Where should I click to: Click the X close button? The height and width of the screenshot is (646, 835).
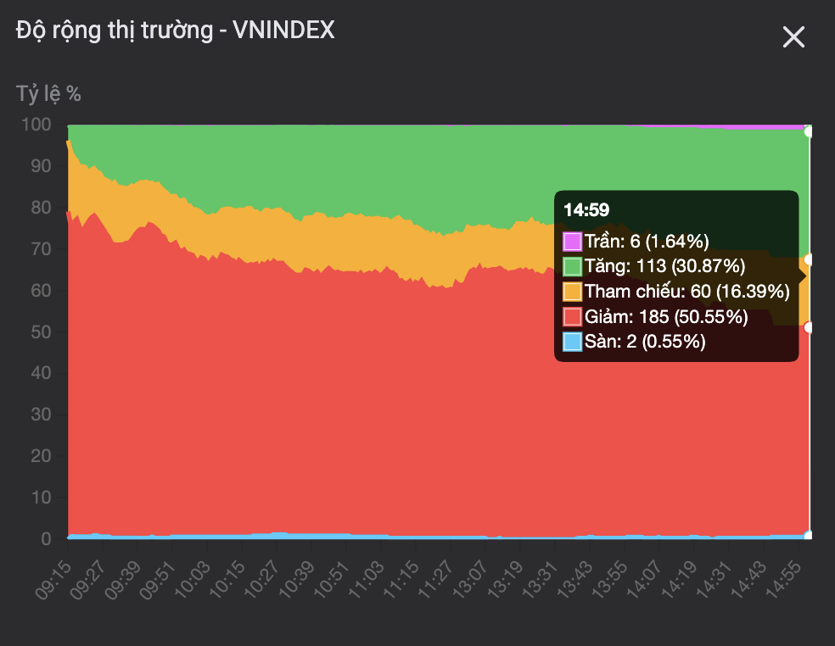(x=793, y=37)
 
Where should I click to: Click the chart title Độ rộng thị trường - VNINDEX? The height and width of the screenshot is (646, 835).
(x=176, y=31)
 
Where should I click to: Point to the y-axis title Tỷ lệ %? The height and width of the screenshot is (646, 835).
(x=48, y=93)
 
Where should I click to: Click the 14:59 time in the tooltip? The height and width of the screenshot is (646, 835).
(x=586, y=210)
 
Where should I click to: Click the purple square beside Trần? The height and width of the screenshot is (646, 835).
(x=572, y=241)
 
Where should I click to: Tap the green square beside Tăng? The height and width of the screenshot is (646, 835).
(x=572, y=266)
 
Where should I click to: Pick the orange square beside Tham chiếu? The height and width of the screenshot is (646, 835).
(x=572, y=292)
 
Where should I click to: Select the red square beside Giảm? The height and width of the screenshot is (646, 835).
(x=572, y=317)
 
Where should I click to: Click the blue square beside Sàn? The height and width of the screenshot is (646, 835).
(x=572, y=342)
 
